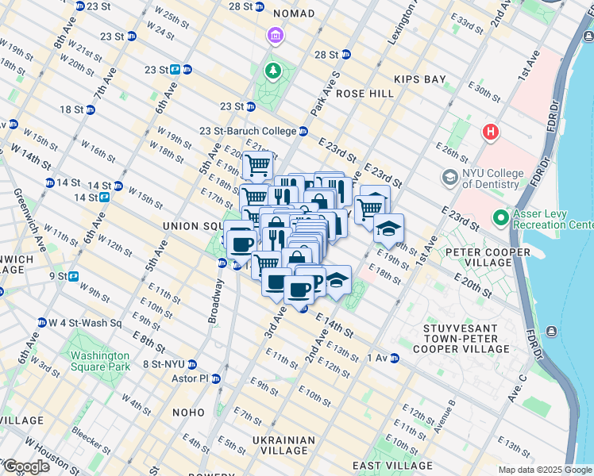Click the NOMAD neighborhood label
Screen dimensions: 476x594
point(293,13)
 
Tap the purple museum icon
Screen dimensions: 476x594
point(275,36)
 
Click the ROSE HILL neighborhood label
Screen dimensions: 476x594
point(364,94)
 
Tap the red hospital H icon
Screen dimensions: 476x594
point(490,131)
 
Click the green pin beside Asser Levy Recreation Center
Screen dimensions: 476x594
point(500,217)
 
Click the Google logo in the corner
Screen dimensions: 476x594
point(25,466)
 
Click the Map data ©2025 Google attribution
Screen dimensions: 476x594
point(545,470)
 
